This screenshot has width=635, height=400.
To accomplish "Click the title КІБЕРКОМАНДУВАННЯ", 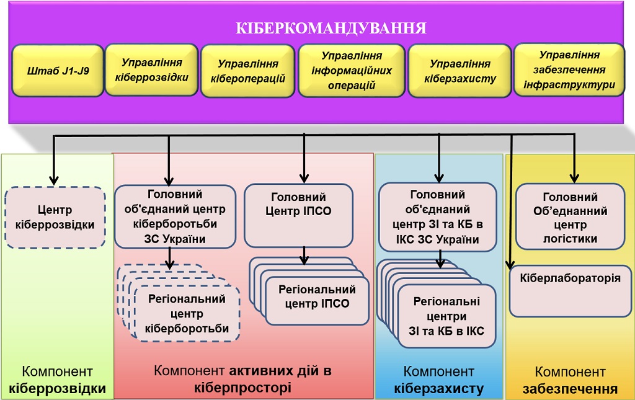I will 331,29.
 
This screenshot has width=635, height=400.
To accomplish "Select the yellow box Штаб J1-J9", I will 58,71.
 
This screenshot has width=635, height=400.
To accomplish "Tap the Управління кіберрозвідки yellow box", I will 151,69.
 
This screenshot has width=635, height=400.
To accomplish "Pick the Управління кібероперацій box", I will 247,71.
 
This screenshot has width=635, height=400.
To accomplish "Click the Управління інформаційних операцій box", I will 352,71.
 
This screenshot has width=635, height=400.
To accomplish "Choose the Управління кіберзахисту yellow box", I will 460,71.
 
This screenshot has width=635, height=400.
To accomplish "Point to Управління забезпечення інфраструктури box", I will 569,69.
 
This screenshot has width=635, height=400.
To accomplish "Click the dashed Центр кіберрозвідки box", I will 55,217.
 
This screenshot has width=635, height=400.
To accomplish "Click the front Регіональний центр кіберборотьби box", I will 187,314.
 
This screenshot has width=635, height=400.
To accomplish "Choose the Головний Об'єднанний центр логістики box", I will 570,217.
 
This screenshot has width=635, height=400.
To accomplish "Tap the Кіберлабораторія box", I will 570,290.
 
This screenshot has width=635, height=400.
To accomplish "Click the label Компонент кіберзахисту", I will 438,380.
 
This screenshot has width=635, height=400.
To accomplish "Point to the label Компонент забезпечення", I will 570,380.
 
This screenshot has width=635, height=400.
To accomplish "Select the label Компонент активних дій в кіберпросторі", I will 242,379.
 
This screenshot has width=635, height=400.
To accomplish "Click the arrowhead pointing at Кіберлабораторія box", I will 511,265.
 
